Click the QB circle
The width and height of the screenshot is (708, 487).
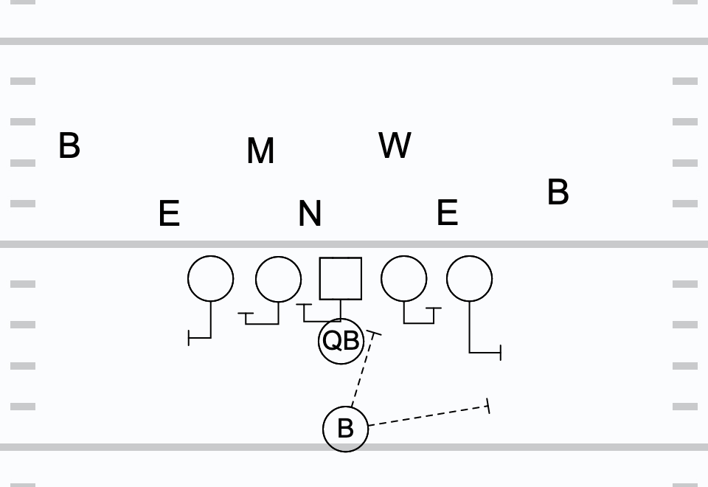tap(341, 341)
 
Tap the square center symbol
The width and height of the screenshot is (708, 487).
tap(341, 278)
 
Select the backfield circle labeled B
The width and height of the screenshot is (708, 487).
tap(345, 428)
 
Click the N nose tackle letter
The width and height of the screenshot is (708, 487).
tap(310, 214)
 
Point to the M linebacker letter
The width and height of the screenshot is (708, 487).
tap(260, 151)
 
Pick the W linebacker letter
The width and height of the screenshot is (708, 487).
tap(395, 145)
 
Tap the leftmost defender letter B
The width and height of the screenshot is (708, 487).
tap(69, 146)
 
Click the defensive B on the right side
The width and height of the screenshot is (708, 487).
tap(558, 193)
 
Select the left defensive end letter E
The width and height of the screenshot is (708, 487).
tap(169, 214)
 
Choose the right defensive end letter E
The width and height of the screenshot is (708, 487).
tap(447, 213)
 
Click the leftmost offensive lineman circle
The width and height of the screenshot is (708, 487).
tap(211, 279)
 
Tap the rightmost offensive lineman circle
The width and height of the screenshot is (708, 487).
tap(470, 279)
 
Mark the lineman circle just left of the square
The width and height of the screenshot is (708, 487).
tap(279, 279)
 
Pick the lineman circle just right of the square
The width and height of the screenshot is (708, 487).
tap(404, 279)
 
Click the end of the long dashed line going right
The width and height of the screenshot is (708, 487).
tap(488, 405)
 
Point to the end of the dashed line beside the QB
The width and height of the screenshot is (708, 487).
tap(375, 334)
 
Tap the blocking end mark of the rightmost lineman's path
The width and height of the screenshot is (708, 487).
tap(501, 353)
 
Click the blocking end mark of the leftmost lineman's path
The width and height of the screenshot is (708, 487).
tap(190, 339)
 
